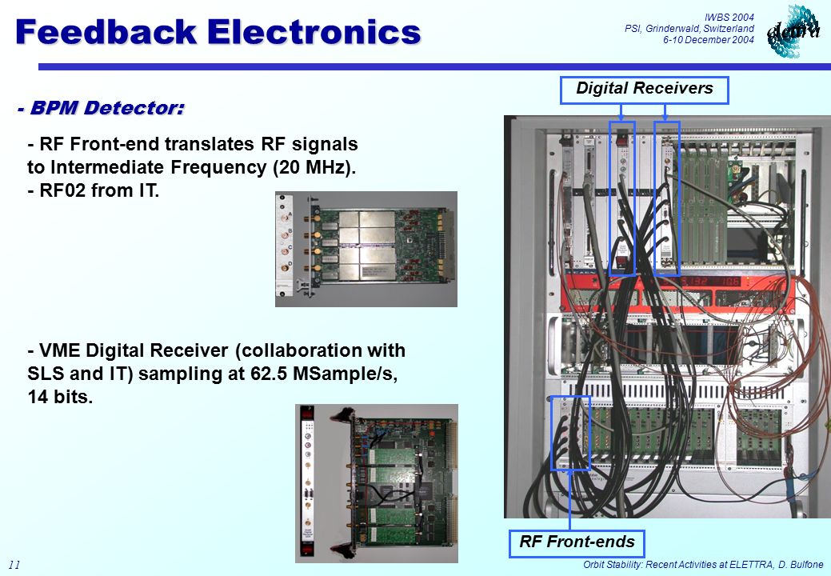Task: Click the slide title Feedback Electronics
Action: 218,32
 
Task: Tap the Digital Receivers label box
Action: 645,90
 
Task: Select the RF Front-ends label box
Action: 577,543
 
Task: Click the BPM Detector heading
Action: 101,108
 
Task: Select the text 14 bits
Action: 60,397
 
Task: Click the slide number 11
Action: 14,565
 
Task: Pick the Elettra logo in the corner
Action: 793,30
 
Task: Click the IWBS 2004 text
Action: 729,17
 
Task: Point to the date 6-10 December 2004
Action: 709,40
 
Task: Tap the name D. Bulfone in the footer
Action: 801,565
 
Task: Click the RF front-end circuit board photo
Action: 366,249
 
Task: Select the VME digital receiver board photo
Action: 376,483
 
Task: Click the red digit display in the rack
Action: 710,281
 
